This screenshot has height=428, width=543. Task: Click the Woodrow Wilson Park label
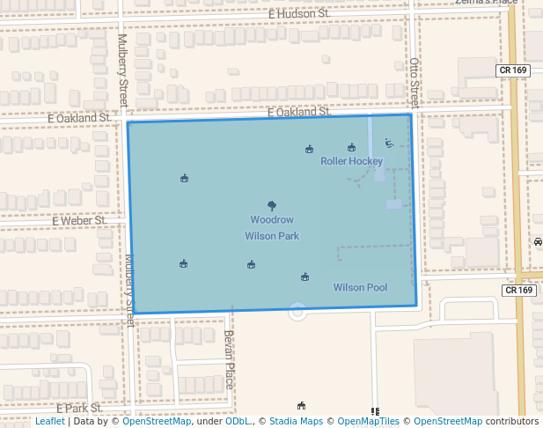(272, 228)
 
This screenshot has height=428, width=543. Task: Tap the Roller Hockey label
(351, 161)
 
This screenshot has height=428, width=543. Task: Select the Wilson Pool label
(360, 288)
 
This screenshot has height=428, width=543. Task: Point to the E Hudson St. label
(299, 14)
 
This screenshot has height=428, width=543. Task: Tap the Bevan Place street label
(228, 358)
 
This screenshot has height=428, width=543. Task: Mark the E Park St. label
(81, 409)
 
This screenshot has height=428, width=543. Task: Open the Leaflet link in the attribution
(49, 422)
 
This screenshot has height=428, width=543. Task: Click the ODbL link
(238, 422)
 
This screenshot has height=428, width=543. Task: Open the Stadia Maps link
(296, 422)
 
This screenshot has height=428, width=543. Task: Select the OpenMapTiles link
(369, 422)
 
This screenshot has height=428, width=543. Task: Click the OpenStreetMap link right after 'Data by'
(157, 422)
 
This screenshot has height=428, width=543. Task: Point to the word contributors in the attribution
(511, 422)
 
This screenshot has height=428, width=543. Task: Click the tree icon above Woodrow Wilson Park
(272, 205)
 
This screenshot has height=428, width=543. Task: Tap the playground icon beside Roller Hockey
(389, 144)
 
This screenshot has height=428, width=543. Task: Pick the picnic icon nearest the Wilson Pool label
(305, 277)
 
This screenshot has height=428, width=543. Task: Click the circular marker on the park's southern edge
(297, 310)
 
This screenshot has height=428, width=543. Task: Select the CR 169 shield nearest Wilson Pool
(519, 290)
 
